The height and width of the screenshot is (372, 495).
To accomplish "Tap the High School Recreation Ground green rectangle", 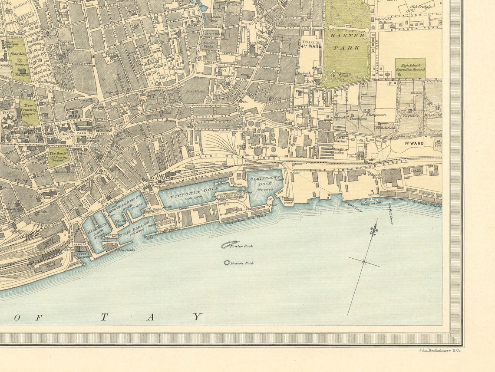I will pyautogui.click(x=410, y=68).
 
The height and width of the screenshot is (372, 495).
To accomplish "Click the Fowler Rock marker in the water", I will pyautogui.click(x=230, y=244).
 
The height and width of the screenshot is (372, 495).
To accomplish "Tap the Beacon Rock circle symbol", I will pyautogui.click(x=227, y=263).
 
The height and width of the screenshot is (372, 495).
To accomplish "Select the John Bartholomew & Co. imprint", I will pyautogui.click(x=440, y=350).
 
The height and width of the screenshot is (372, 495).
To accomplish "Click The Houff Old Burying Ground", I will pyautogui.click(x=58, y=157).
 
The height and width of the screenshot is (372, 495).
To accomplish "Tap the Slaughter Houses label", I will pyautogui.click(x=339, y=150).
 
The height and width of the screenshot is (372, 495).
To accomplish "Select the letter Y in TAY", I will pyautogui.click(x=198, y=317).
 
